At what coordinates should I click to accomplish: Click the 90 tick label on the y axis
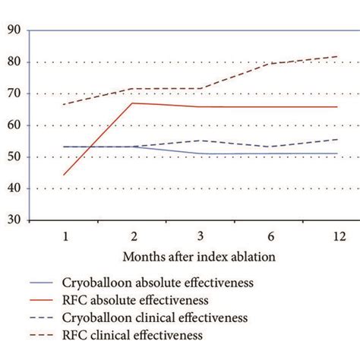point(14,30)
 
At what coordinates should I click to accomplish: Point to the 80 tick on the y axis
point(14,62)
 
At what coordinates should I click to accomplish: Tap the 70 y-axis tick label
point(14,94)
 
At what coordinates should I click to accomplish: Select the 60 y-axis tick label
point(14,125)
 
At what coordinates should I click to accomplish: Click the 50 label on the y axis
point(14,157)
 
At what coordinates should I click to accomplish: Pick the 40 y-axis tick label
point(14,189)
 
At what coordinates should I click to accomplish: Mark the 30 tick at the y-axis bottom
point(14,220)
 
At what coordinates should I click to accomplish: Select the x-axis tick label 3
point(201,235)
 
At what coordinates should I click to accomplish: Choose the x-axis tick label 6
point(269,235)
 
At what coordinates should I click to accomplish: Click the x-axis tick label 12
point(337,235)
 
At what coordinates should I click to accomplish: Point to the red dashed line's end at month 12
point(337,56)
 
